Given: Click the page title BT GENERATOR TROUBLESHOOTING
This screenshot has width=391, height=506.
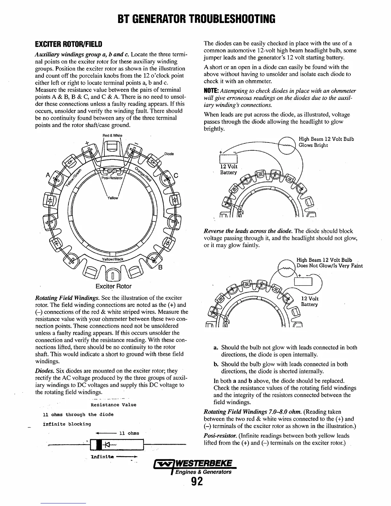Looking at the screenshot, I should click(195, 19).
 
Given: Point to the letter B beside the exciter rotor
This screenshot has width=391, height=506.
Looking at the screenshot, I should click(161, 267).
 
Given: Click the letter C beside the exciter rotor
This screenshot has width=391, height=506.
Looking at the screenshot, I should click(176, 175).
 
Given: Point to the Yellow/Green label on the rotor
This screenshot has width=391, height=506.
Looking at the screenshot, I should click(73, 177).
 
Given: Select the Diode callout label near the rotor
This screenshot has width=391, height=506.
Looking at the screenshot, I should click(169, 154).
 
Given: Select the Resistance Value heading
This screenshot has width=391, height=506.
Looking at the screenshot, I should click(113, 405).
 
